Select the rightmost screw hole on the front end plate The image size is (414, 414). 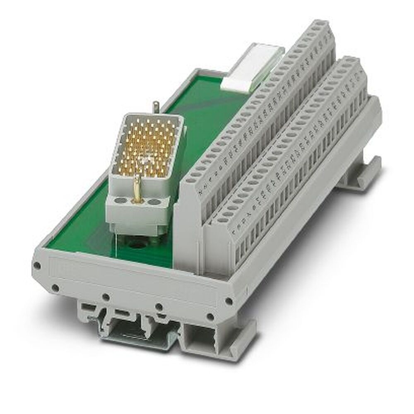228,301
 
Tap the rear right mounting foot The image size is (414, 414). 360,174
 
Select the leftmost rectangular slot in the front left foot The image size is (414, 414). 87,307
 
